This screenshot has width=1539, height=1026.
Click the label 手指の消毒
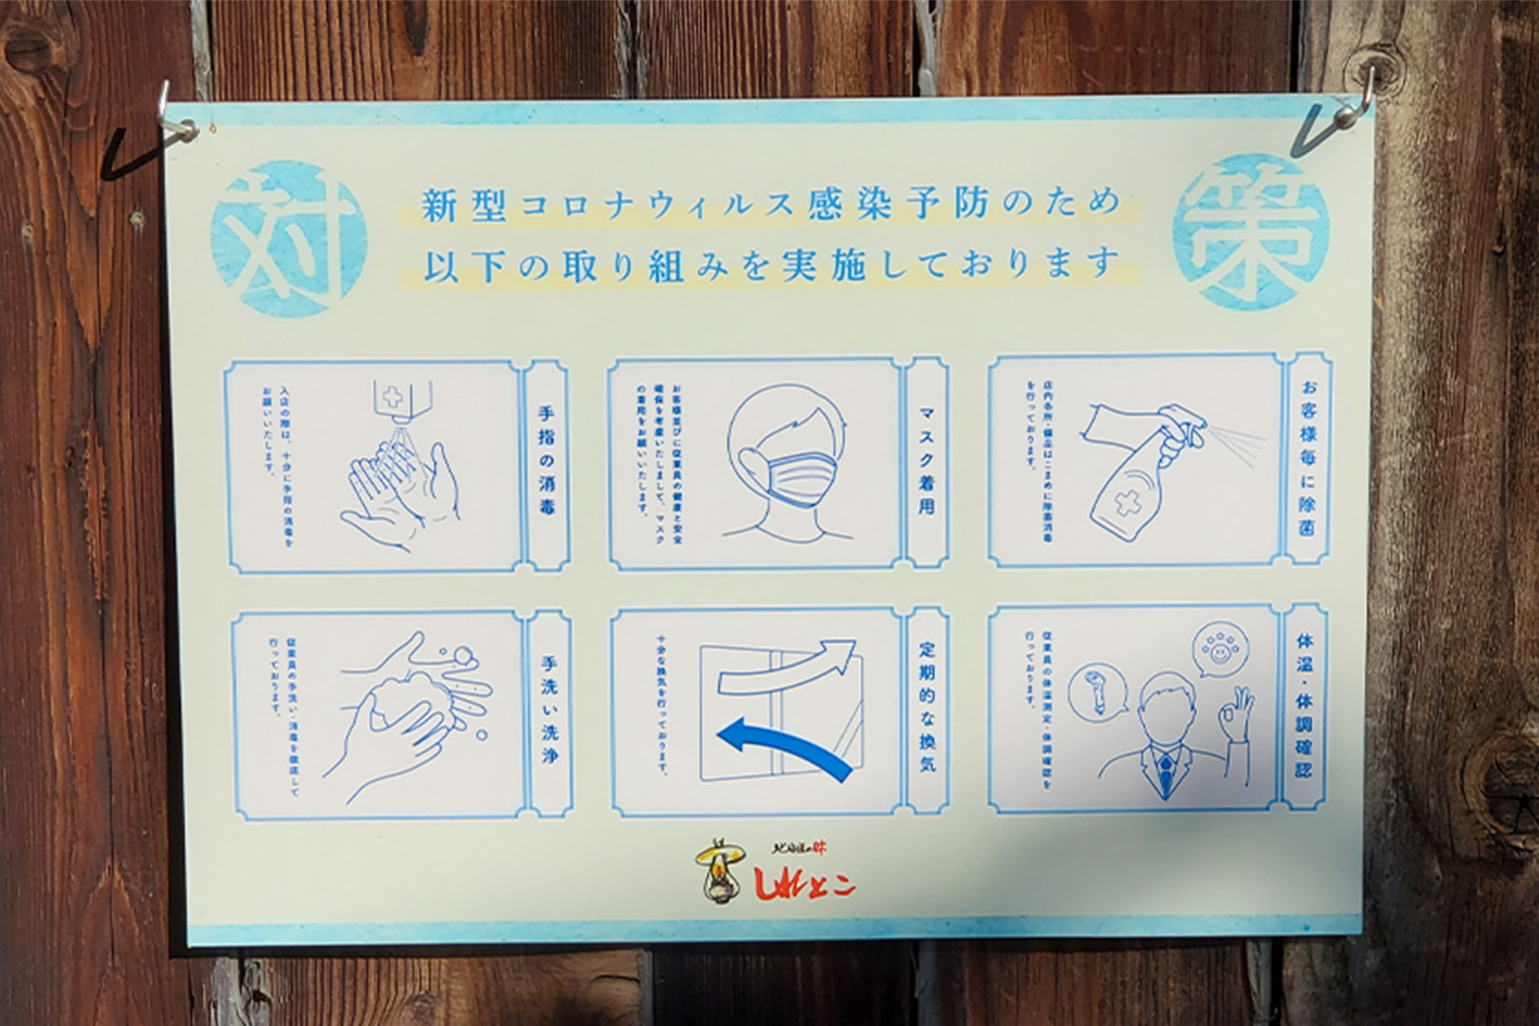[x=547, y=464]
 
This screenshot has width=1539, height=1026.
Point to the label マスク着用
[x=926, y=462]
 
